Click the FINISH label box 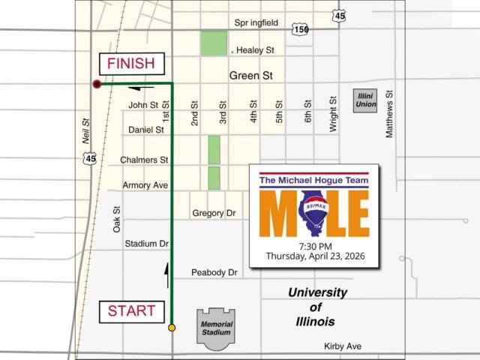(130, 64)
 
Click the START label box (131, 310)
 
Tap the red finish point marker (97, 84)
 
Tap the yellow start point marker (172, 328)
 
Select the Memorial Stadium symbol (216, 328)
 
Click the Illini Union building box (365, 100)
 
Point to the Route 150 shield (301, 29)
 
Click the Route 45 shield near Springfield (340, 16)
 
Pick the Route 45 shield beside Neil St (90, 158)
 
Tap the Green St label (250, 76)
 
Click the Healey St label (256, 50)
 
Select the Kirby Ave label (343, 346)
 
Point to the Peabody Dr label (214, 272)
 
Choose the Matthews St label (389, 115)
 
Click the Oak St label (117, 219)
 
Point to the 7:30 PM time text (315, 246)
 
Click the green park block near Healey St (213, 43)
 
